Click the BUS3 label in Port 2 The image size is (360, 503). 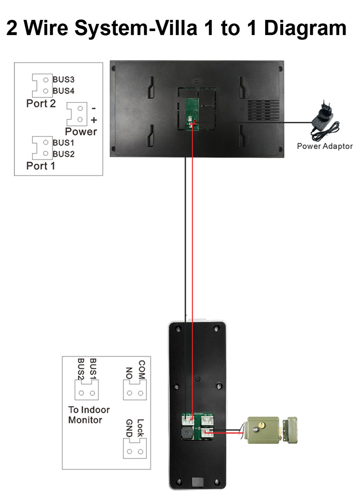(63, 79)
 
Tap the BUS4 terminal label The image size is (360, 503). (63, 91)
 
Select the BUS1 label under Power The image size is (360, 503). (63, 142)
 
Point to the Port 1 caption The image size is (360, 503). (41, 166)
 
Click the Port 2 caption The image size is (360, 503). (41, 104)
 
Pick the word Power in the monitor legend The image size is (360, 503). (81, 131)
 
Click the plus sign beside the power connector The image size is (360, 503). (94, 120)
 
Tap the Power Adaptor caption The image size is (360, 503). (324, 146)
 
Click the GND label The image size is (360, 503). (129, 428)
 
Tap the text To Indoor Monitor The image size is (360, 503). (89, 415)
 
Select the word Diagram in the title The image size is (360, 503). (305, 28)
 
